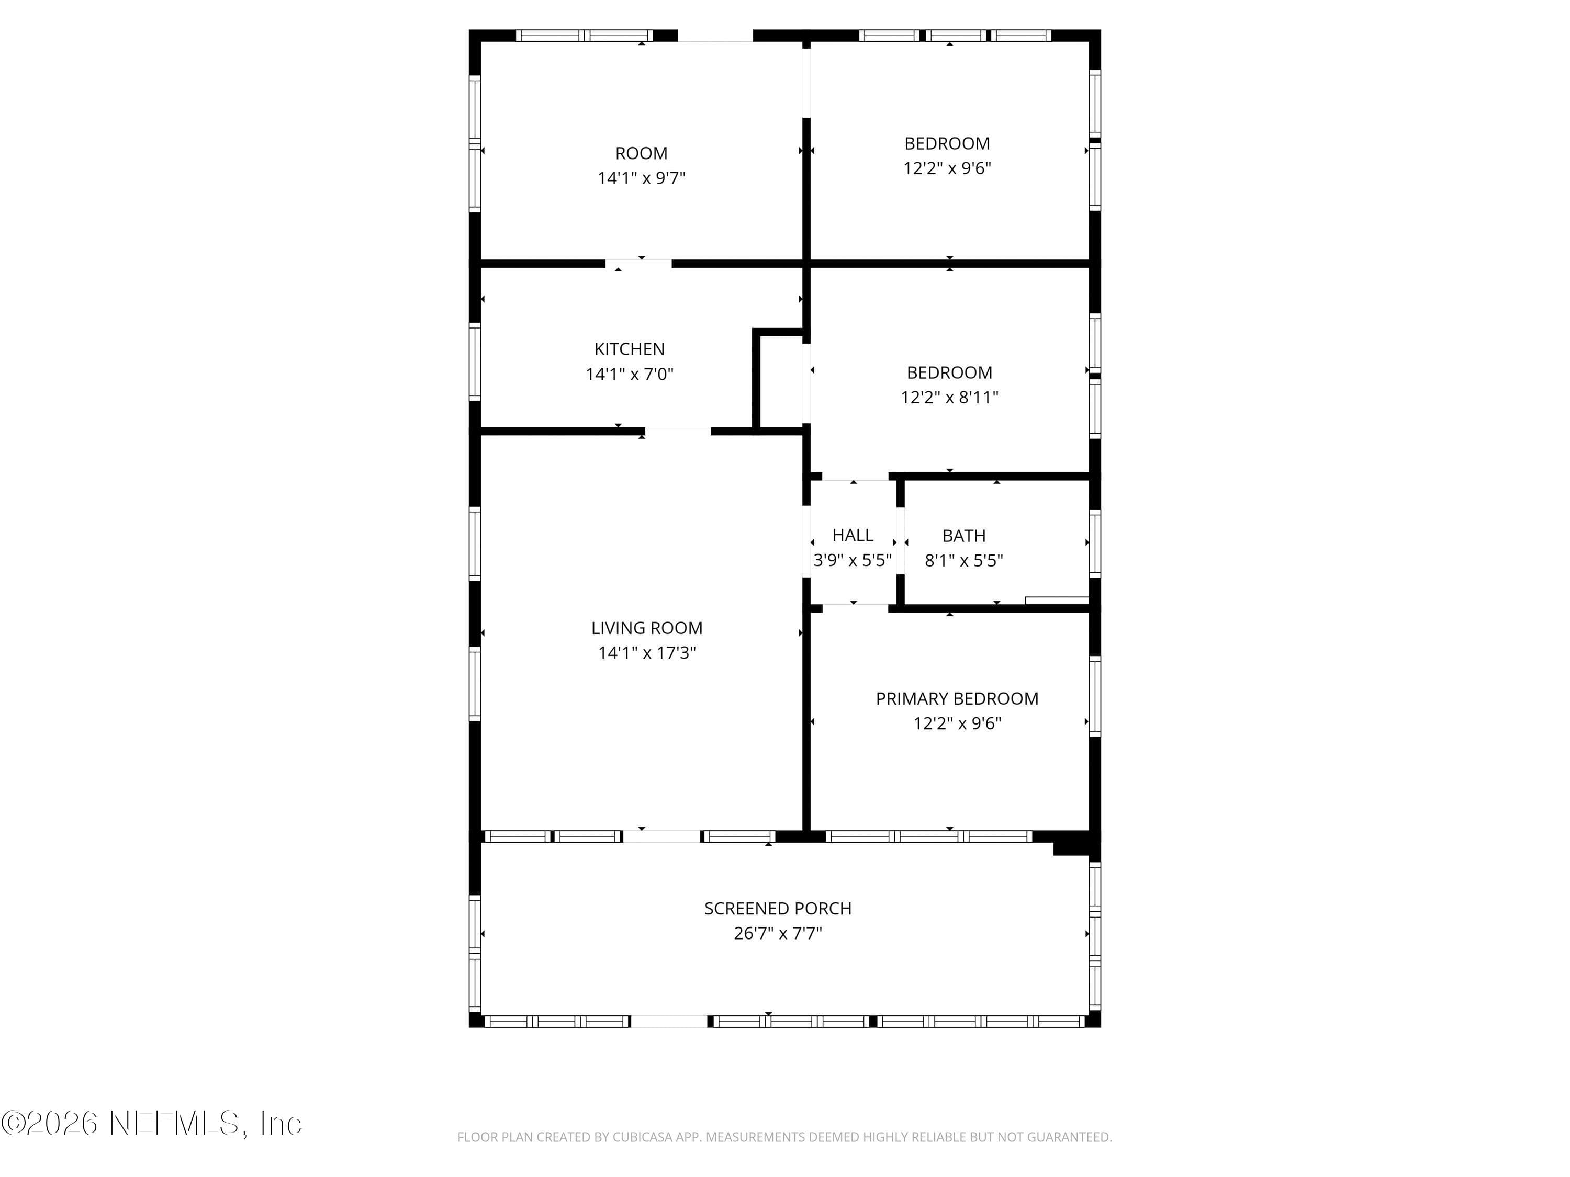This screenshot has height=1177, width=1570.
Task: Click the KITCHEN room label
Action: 629,349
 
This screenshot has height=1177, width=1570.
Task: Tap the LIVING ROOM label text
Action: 647,628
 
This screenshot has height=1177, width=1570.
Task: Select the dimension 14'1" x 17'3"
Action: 647,653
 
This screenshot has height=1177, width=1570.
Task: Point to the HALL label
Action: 853,535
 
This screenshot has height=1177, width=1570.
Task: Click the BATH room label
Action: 964,536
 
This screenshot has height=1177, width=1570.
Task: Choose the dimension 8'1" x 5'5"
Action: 964,560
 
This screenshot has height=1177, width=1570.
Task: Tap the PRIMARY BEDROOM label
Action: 957,699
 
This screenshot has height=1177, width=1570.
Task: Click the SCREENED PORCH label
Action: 778,908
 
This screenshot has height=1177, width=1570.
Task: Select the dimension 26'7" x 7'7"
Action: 778,933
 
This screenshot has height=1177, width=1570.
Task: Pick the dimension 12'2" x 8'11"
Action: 950,397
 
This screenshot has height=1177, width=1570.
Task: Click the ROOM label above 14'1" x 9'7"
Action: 641,153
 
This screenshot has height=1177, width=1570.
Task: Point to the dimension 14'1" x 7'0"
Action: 629,374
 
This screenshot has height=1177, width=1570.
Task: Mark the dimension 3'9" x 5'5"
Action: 853,560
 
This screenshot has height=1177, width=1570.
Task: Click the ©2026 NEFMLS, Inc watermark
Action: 151,1123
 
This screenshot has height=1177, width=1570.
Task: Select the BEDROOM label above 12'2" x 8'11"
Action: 950,372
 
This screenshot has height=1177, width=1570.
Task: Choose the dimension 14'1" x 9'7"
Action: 641,178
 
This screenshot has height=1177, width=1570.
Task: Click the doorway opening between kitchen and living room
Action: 678,431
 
